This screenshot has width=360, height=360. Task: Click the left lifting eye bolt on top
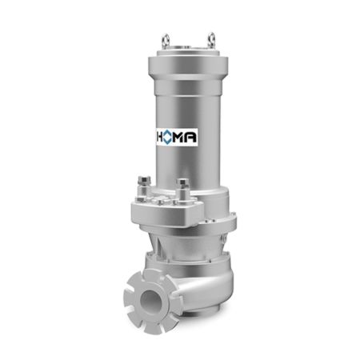click(x=166, y=41)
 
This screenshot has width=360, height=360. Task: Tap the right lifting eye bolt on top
click(x=211, y=40)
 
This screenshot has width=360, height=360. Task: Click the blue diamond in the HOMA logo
click(x=167, y=137)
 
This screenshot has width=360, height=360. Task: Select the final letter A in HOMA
click(x=191, y=137)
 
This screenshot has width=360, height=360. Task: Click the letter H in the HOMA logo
click(x=159, y=137)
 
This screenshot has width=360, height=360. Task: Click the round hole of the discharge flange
click(x=150, y=301)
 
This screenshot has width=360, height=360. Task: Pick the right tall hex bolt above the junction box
click(x=183, y=190)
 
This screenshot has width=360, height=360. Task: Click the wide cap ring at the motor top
click(x=188, y=66)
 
